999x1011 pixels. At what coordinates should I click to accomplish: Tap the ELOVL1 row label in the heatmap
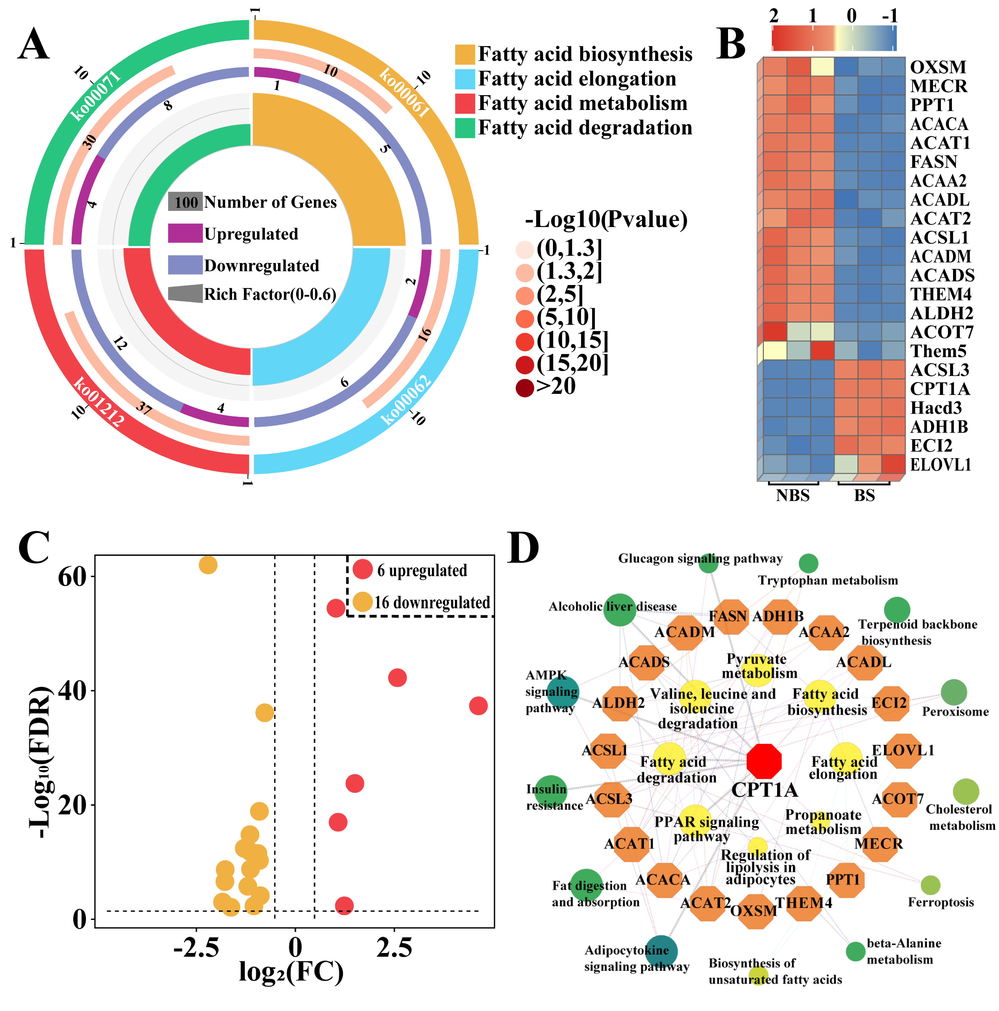click(940, 465)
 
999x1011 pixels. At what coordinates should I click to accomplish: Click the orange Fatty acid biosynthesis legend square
click(465, 54)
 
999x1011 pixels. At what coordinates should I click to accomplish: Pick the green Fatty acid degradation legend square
click(465, 128)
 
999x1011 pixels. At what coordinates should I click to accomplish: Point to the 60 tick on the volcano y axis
click(72, 576)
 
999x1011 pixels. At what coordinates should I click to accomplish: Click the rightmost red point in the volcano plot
click(478, 706)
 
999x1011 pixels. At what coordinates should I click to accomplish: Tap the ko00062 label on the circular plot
click(405, 400)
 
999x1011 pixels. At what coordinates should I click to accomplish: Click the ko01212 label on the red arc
click(98, 402)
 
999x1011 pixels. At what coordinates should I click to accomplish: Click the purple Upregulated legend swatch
click(185, 233)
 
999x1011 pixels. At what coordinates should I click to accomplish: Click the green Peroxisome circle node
click(954, 692)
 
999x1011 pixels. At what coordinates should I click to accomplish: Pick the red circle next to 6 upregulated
click(362, 569)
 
